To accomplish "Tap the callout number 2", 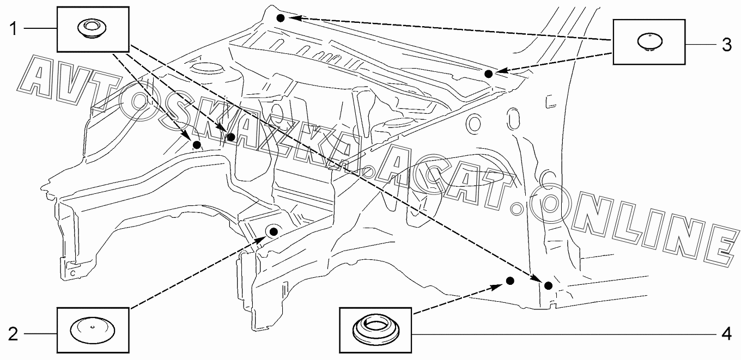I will pos(13,334).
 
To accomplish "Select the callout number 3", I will pos(726,45).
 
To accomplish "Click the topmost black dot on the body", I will pos(280,18).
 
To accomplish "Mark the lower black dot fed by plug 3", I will pos(489,74).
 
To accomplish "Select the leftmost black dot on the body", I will pos(196,144).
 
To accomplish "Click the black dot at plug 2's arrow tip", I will pos(274,231).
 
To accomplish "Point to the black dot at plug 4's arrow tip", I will pos(510,280).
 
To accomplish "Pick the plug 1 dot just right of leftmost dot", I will pos(230,137).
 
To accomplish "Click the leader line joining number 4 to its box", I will pos(561,333).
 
